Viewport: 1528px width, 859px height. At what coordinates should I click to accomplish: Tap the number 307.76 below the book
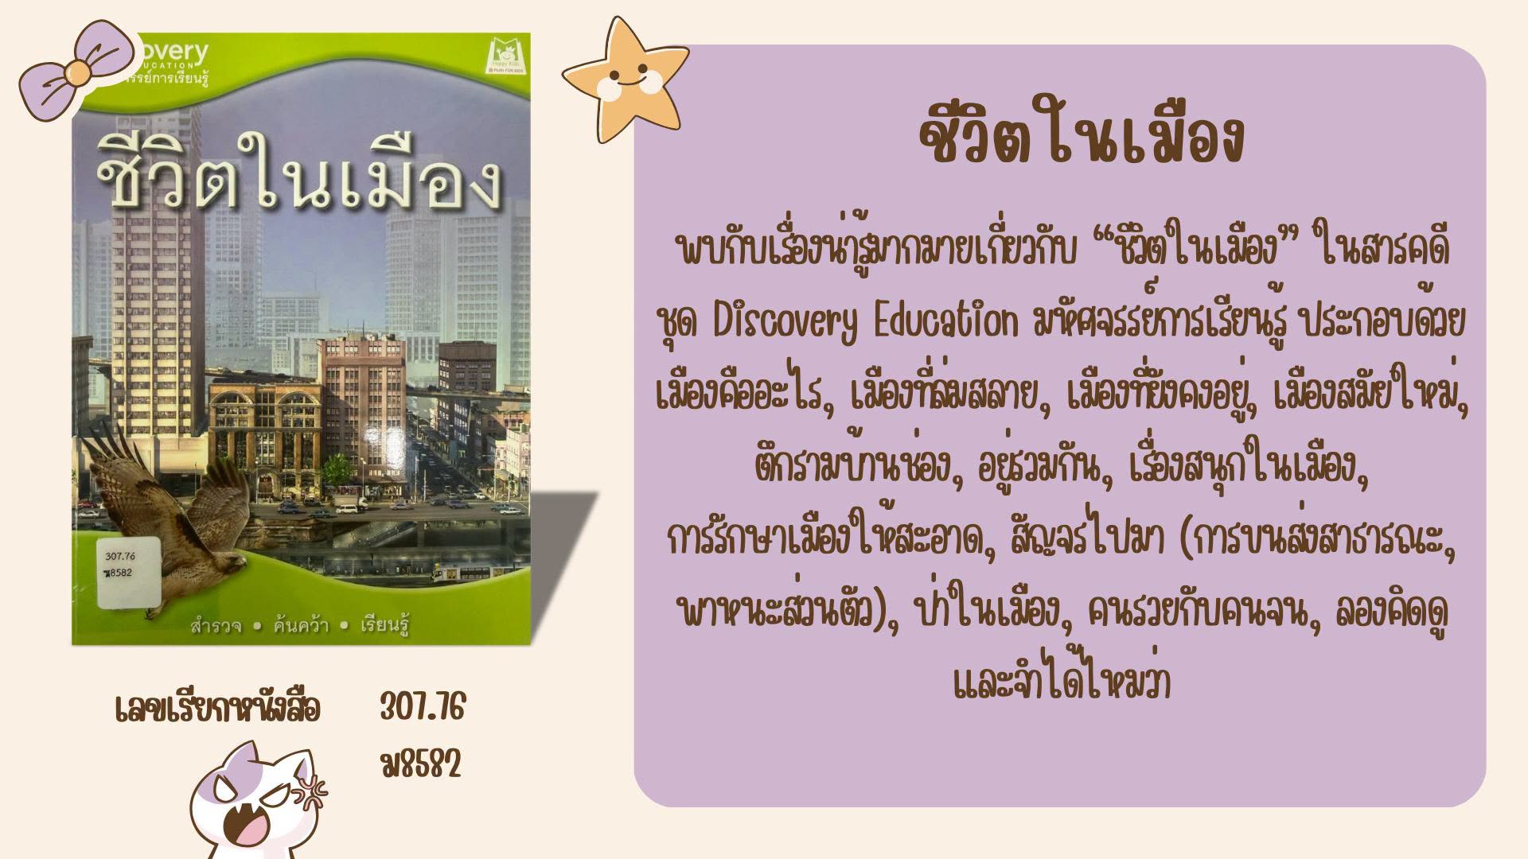pyautogui.click(x=422, y=707)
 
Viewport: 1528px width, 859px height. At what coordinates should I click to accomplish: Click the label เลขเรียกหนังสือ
pyautogui.click(x=217, y=708)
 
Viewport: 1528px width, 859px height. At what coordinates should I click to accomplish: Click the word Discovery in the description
pyautogui.click(x=785, y=323)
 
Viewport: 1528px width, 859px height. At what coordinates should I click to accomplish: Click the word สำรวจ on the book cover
pyautogui.click(x=216, y=626)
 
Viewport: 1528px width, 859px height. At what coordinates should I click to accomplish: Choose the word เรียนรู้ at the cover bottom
pyautogui.click(x=385, y=625)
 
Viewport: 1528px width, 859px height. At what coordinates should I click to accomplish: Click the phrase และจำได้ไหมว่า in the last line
pyautogui.click(x=1062, y=682)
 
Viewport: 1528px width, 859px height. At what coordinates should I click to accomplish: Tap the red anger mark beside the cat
pyautogui.click(x=311, y=791)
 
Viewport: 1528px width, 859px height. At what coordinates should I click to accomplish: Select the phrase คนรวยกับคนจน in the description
pyautogui.click(x=1201, y=612)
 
